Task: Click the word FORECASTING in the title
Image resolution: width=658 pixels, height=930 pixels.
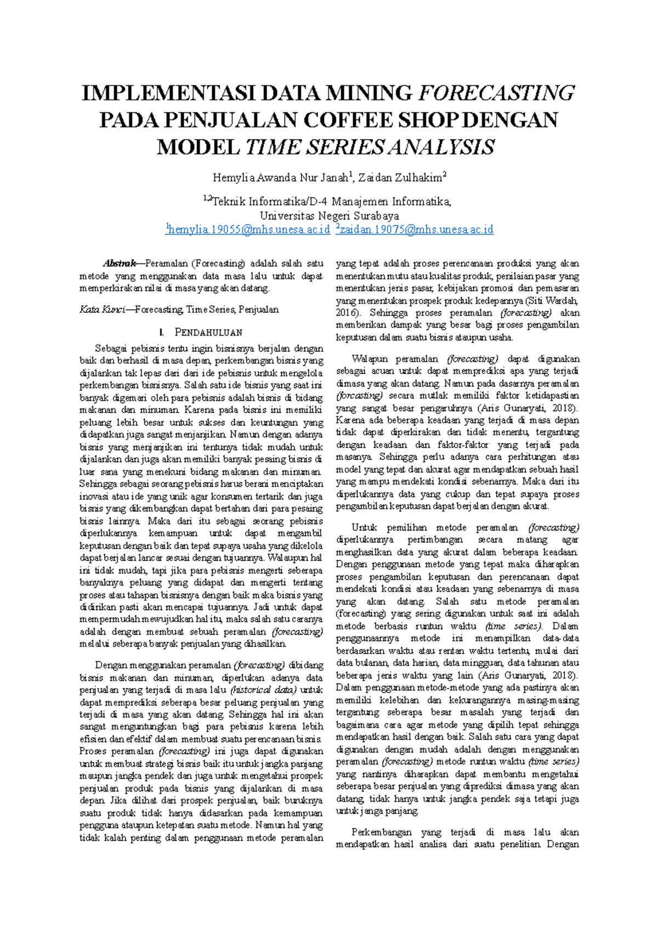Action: (x=496, y=93)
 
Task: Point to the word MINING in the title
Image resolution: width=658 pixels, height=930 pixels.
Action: (x=368, y=93)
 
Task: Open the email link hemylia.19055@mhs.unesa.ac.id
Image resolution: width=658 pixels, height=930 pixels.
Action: (x=248, y=229)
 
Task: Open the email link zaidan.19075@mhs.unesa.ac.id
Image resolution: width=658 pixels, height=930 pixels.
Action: (x=415, y=229)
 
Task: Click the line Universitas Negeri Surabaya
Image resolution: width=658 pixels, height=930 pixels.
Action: (x=329, y=216)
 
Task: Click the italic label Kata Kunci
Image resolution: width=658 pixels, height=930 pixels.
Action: (x=100, y=309)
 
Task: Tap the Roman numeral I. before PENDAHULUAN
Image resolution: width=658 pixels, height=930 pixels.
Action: (x=161, y=332)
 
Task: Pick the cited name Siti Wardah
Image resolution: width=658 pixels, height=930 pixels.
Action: (x=553, y=301)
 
